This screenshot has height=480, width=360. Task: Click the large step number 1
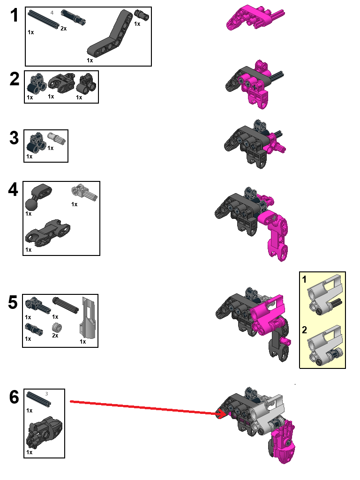tap(15, 16)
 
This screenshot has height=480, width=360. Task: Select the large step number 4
tap(14, 190)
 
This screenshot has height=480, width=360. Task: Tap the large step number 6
tap(14, 397)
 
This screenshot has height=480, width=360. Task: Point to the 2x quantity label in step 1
tap(63, 29)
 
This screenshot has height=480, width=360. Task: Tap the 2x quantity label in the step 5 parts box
tap(55, 336)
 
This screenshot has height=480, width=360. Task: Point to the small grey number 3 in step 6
tap(47, 393)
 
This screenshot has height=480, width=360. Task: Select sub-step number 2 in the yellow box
tap(305, 330)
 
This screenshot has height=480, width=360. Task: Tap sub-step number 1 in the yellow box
tap(304, 280)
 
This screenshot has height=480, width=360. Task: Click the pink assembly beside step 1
tap(254, 19)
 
